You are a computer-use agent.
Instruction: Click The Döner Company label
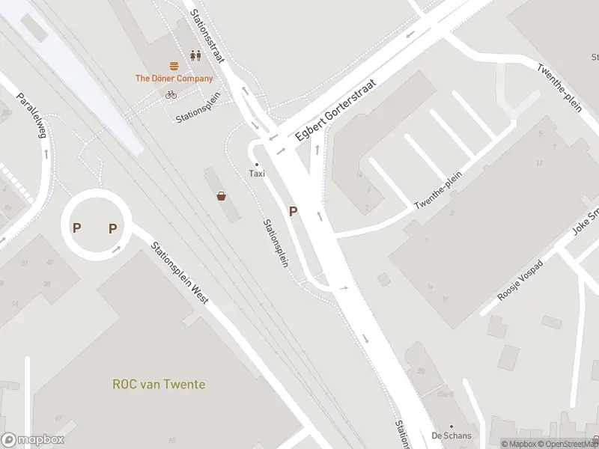174,78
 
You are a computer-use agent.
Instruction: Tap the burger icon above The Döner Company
174,65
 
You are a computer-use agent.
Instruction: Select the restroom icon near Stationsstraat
195,55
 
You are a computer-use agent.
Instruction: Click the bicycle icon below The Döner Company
171,94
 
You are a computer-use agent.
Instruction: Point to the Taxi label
257,174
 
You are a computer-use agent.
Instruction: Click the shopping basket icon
222,197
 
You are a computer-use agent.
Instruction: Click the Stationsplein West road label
179,272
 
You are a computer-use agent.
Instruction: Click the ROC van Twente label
159,385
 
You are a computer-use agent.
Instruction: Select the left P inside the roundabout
76,227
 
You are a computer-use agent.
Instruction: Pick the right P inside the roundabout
113,228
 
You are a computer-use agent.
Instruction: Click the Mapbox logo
32,441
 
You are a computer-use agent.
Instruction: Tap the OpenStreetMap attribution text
571,444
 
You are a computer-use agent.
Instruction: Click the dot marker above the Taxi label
257,164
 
